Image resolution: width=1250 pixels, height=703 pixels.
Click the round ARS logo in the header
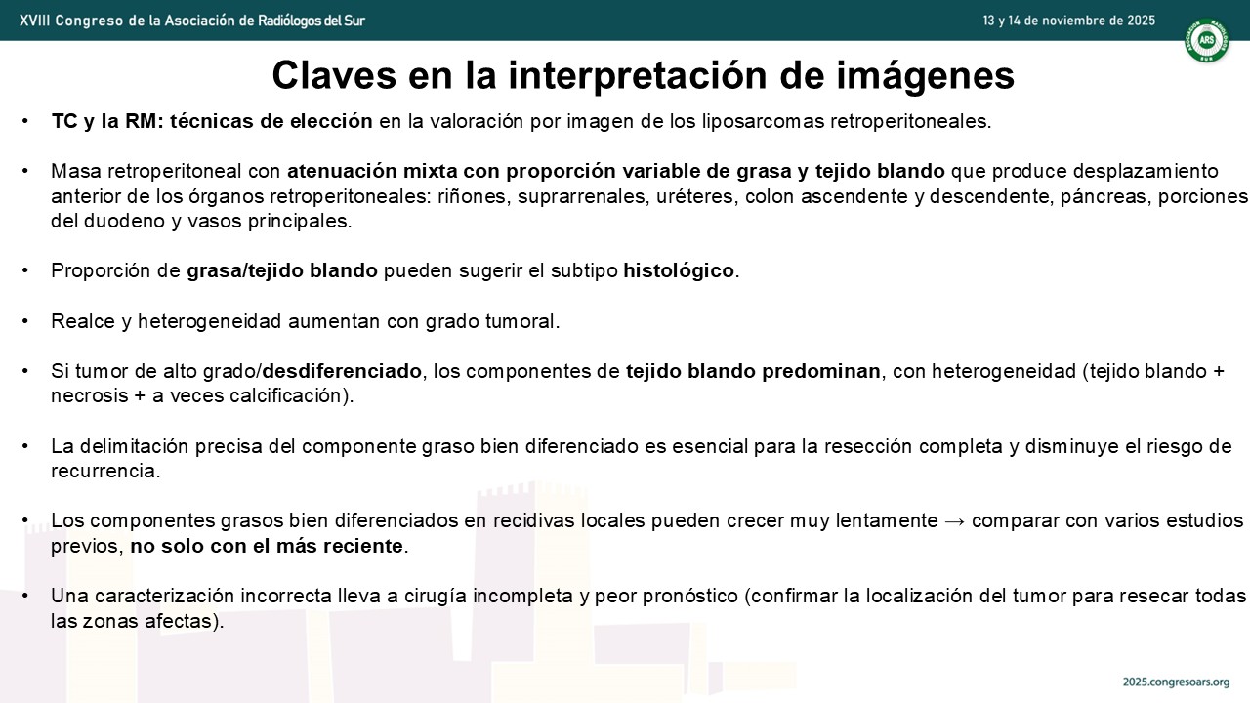coord(1206,40)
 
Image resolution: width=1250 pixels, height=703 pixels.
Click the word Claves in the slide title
coord(334,75)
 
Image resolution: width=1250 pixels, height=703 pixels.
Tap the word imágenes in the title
coord(925,76)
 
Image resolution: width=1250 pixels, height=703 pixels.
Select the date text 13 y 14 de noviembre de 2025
coord(1068,21)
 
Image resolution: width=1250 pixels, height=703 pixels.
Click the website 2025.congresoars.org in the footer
coord(1176,682)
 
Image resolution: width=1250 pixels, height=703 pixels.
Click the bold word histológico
coord(678,270)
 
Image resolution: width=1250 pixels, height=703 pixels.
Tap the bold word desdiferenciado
coord(342,371)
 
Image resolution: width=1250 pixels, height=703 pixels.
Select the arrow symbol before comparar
coord(954,520)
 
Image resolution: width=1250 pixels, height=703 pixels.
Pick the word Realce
coord(83,321)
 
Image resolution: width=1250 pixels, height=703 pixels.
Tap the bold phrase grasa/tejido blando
coord(282,271)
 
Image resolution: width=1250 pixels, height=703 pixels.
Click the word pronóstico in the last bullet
coord(690,597)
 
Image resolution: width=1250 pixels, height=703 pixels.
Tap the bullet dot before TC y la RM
coord(24,121)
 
